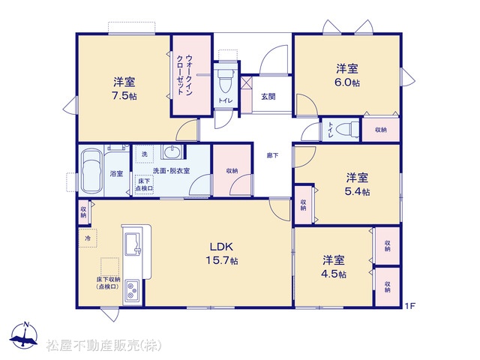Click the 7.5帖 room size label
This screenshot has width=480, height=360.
click(124, 96)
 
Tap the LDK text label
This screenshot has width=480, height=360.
click(221, 247)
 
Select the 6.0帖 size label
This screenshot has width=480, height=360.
click(347, 82)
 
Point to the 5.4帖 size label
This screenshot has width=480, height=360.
click(357, 192)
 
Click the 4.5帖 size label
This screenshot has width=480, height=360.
click(334, 274)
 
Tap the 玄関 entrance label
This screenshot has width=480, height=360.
click(268, 97)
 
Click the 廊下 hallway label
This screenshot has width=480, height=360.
click(272, 155)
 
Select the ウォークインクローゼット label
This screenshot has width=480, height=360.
click(185, 75)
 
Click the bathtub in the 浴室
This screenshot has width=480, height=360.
click(91, 172)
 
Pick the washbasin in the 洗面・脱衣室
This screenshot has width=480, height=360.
click(172, 152)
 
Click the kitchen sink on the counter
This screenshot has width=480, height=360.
click(133, 244)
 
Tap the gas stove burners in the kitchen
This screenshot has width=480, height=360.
click(132, 290)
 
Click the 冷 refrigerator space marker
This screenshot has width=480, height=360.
click(88, 238)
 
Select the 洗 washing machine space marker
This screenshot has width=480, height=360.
click(145, 154)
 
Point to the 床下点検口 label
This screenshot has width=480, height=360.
click(144, 184)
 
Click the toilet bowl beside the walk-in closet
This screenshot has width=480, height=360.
click(225, 80)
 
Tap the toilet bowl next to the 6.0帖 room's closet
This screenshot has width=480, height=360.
click(346, 130)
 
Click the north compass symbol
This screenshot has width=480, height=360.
click(25, 335)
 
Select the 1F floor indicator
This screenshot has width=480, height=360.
click(410, 305)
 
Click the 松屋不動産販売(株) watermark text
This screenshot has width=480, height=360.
click(103, 345)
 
